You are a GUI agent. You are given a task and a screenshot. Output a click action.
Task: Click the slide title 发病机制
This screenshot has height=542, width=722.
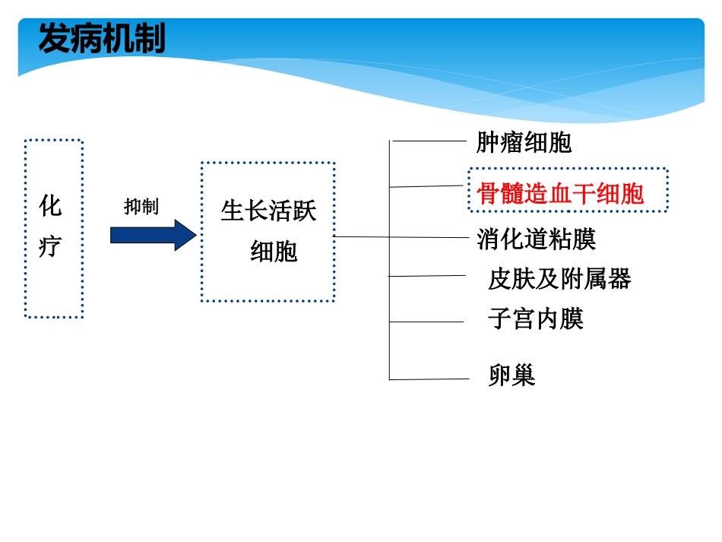coord(101,40)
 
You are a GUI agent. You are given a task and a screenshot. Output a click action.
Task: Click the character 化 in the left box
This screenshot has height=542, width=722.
coord(50,205)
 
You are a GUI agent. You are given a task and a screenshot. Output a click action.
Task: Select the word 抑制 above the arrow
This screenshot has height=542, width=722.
coord(141,207)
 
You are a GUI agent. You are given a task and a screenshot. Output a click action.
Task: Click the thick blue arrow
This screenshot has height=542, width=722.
coord(153,235)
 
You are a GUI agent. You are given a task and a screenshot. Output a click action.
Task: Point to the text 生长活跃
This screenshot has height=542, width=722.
coord(268,211)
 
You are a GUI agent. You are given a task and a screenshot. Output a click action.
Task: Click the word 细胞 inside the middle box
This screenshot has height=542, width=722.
coord(274,251)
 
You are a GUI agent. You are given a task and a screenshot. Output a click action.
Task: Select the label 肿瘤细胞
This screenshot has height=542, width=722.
coord(524,143)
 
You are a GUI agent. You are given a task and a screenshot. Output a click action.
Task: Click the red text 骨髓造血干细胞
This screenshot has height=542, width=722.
coord(560,194)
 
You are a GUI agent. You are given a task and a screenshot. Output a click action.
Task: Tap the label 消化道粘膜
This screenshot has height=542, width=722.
coord(536,239)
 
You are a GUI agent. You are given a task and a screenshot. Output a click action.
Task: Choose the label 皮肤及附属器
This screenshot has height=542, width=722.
coord(559,279)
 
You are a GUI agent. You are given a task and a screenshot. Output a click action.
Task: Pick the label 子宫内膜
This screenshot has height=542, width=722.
coord(536,319)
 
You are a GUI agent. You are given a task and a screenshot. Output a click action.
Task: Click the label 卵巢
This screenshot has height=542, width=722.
coord(511,375)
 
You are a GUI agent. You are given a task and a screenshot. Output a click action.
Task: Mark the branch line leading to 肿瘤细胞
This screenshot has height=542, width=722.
coord(427,141)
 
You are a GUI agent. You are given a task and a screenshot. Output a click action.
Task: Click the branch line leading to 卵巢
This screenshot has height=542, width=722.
coord(427,379)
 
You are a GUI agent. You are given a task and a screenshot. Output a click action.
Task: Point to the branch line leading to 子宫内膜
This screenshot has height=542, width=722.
coord(427,322)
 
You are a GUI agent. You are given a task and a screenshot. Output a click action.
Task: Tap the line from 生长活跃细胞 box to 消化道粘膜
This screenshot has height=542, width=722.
coord(403,237)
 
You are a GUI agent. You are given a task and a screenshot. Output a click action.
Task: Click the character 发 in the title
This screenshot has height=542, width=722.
coord(54,40)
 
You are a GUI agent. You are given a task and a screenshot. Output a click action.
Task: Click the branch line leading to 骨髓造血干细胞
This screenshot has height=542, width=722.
coord(427,185)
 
